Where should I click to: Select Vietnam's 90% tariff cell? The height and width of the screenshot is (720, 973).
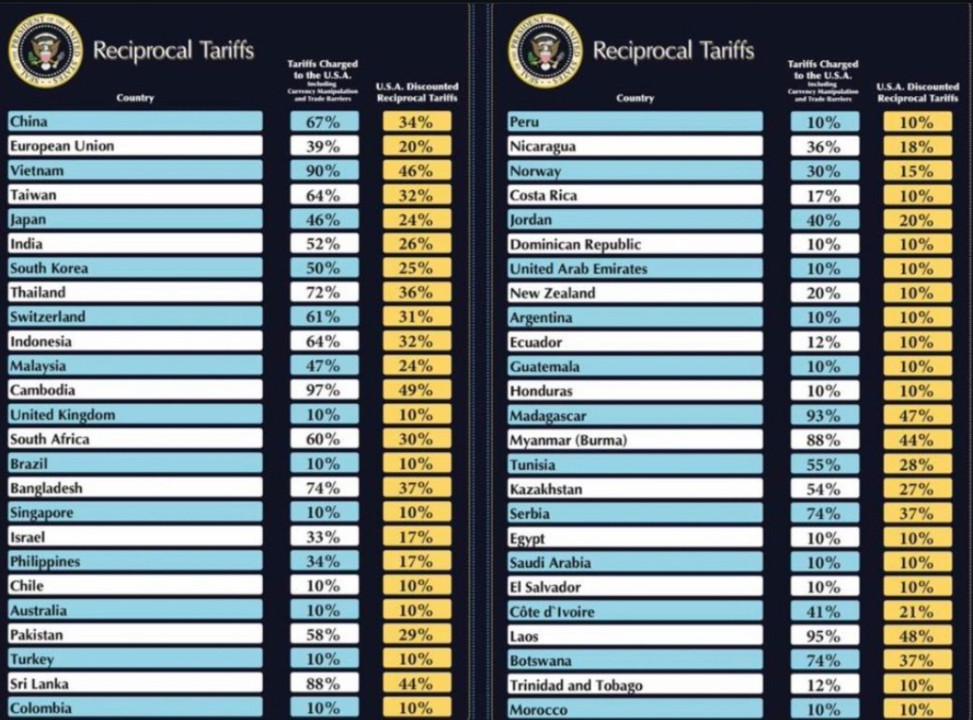tap(323, 170)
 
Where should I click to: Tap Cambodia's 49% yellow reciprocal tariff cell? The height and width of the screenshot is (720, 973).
tap(416, 390)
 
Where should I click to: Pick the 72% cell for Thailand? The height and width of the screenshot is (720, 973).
tap(323, 292)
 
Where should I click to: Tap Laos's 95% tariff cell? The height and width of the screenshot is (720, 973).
tap(823, 636)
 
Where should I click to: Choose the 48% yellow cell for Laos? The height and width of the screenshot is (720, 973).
tap(917, 636)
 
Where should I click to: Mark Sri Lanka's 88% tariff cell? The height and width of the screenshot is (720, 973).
tap(323, 683)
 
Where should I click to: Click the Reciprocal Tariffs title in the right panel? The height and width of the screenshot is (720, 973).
tap(673, 50)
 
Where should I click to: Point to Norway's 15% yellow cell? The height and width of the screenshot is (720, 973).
tap(917, 171)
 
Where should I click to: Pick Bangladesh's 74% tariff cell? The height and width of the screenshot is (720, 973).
tap(323, 487)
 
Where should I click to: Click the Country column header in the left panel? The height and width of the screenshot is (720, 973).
tap(135, 98)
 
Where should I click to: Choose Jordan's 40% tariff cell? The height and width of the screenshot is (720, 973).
tap(823, 220)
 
